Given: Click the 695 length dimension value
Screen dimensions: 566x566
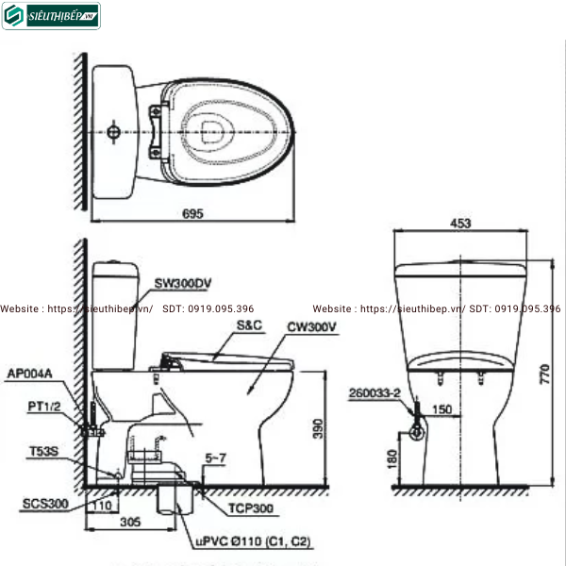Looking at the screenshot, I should point(192,214).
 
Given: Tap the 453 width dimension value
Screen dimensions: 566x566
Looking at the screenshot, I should point(461,224).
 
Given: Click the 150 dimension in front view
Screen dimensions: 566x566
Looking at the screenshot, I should point(443,410).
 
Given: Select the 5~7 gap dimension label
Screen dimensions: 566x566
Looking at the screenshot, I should point(217,458).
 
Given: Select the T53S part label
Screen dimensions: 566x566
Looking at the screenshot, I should point(42,452).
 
